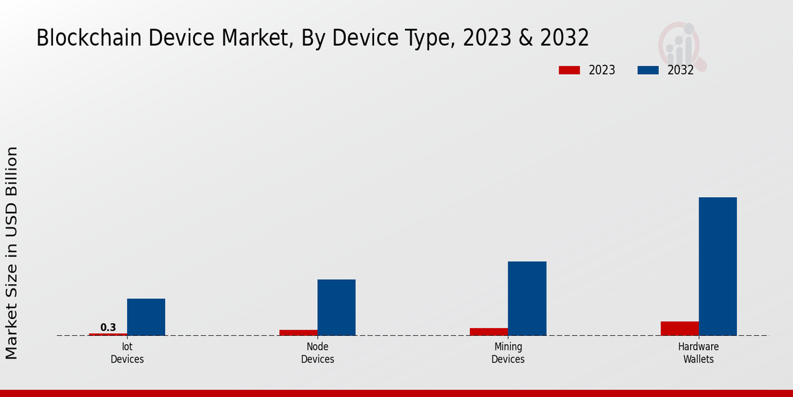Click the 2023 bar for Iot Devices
[x=108, y=334]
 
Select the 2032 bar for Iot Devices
[x=146, y=317]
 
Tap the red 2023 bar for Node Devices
[x=298, y=332]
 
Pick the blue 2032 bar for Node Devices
[x=336, y=307]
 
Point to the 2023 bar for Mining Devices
[x=488, y=331]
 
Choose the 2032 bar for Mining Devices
[x=527, y=298]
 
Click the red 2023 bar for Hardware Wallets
[x=679, y=328]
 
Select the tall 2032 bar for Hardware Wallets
[x=718, y=266]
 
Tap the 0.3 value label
[x=108, y=327]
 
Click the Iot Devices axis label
[x=127, y=353]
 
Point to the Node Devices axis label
[x=317, y=353]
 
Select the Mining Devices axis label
[x=508, y=353]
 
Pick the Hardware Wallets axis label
[x=699, y=353]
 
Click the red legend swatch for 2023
[x=568, y=70]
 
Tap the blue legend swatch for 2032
[x=648, y=70]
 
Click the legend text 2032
[x=680, y=70]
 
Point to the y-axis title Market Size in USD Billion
[x=12, y=253]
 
